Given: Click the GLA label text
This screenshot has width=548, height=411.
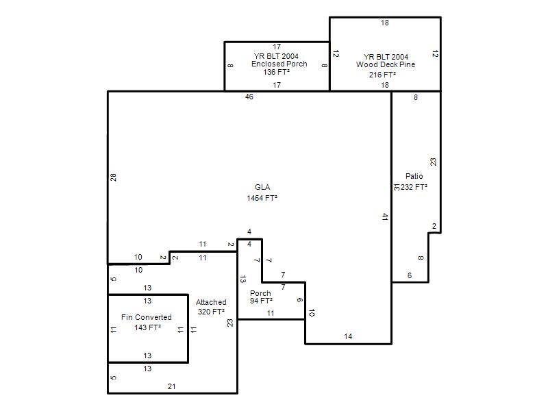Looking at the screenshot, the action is (x=262, y=187).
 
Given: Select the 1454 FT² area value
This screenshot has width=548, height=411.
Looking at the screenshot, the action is (x=262, y=198).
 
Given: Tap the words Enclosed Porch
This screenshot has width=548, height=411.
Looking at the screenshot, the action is (x=279, y=64).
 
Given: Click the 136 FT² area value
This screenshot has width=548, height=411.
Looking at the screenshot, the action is (x=277, y=72).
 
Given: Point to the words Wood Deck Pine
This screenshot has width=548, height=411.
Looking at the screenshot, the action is (x=386, y=64).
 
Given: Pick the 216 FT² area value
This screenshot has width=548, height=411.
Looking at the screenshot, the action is (x=382, y=75).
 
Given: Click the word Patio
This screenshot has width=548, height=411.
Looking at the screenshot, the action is (x=414, y=176).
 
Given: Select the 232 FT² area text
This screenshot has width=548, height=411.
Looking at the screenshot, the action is (x=414, y=187).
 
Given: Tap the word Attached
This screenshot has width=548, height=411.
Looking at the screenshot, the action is (x=211, y=302).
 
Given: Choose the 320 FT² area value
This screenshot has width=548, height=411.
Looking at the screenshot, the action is (x=211, y=312).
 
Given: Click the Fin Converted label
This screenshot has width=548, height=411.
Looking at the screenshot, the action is (x=147, y=317).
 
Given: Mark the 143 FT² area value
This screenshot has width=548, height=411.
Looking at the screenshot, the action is (x=147, y=327).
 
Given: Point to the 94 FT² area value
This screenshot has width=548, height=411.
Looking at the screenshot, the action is (x=261, y=301).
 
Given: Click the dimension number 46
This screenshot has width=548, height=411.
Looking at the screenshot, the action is (x=249, y=97).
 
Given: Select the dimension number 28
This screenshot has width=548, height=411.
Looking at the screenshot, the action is (x=113, y=177).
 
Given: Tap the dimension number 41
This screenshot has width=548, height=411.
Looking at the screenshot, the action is (x=385, y=216).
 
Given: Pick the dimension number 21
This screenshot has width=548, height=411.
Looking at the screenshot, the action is (x=172, y=386).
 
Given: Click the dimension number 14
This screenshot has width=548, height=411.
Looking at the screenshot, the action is (x=348, y=336).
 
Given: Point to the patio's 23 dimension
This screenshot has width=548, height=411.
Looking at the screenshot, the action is (x=434, y=162).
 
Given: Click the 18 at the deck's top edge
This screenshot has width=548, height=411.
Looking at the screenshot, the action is (x=385, y=23).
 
